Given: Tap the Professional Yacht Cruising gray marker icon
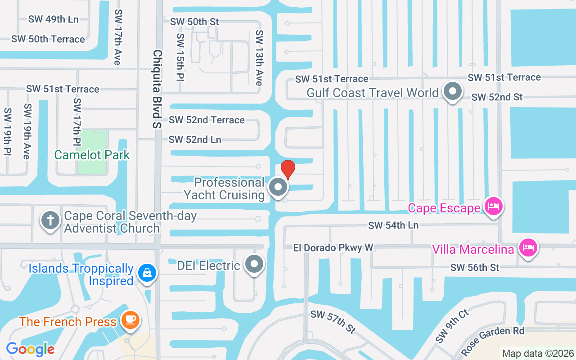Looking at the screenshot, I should click(x=278, y=187).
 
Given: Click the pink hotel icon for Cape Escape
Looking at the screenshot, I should click(x=493, y=207).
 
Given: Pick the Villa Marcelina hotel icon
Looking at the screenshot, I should click(x=528, y=247).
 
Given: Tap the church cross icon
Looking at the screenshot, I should click(x=50, y=221).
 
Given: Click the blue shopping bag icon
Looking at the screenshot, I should click(x=147, y=273).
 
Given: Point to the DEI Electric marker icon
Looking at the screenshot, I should click(x=254, y=264).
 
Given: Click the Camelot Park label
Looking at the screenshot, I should click(x=92, y=155).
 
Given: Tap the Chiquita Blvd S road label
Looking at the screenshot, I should click(x=157, y=89).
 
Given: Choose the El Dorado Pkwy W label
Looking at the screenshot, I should click(x=333, y=248).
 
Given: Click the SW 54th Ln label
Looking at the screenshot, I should click(x=393, y=225).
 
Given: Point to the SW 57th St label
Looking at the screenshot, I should click(x=333, y=321).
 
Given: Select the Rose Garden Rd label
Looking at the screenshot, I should click(x=493, y=337).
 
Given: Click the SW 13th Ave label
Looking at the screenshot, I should click(x=259, y=58).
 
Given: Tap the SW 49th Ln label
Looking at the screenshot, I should click(x=53, y=19).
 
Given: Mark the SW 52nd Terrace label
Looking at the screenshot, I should click(x=207, y=120).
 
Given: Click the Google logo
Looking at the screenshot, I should click(x=30, y=349).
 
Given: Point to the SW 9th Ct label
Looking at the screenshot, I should click(x=452, y=326).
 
